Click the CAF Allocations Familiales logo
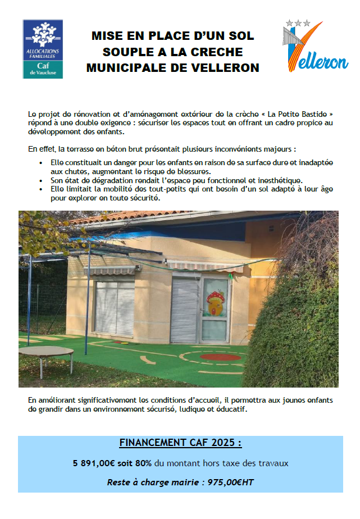[x=43, y=49]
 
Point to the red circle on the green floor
[x=220, y=356]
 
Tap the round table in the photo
[x=45, y=353]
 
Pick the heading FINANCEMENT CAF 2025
[x=180, y=443]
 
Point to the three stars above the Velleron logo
[x=298, y=23]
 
